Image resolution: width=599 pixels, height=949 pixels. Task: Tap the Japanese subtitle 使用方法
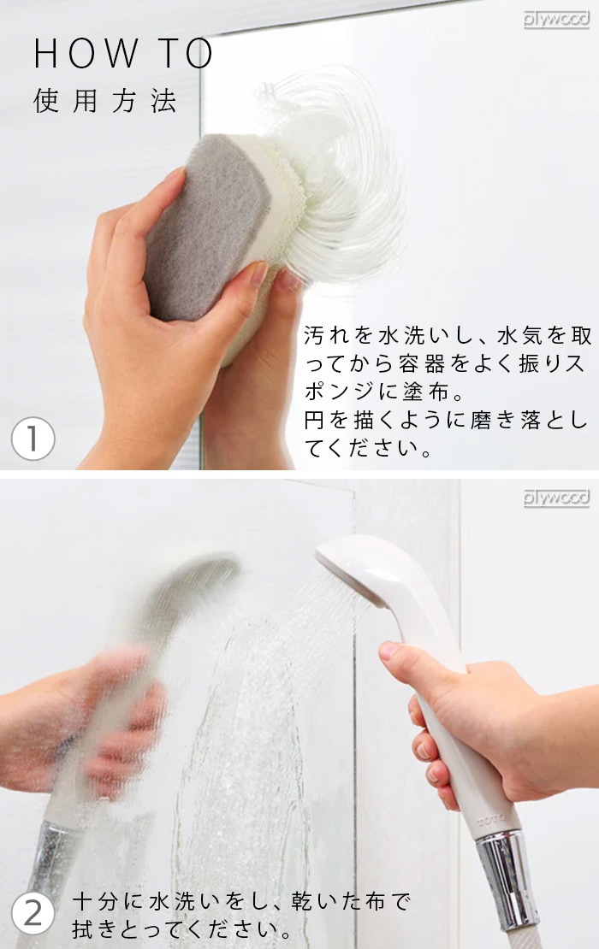[105, 101]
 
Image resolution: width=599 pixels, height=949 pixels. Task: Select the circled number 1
[33, 439]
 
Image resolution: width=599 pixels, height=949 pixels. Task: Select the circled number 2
[33, 914]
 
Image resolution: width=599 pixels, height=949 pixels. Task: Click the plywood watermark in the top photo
[556, 19]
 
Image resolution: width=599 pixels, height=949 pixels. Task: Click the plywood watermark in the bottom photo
[556, 498]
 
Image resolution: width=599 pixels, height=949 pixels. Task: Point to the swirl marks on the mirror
[351, 171]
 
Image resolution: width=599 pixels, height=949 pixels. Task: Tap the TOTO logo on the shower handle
[491, 819]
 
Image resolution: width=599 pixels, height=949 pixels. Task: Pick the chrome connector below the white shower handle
[508, 876]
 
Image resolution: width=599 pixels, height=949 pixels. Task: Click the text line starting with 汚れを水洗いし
[445, 336]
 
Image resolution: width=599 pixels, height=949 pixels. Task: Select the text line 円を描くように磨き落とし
[445, 421]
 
